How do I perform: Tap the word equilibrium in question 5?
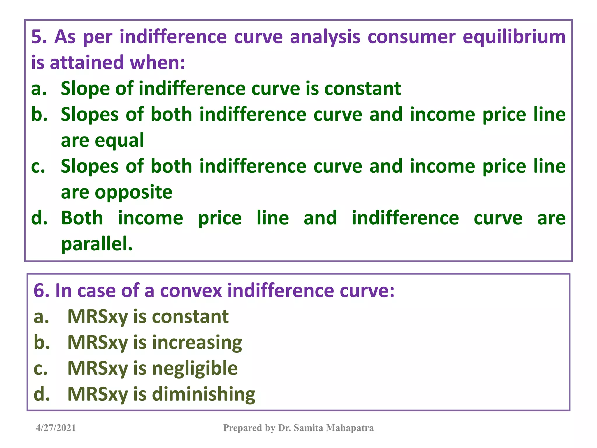click(x=514, y=37)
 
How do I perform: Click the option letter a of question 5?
click(x=38, y=89)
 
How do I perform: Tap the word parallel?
click(x=96, y=244)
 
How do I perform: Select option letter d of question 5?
click(x=39, y=218)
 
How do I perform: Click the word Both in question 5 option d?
click(x=82, y=218)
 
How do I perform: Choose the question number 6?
click(x=42, y=291)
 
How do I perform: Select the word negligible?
click(x=195, y=368)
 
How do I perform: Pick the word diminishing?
click(x=203, y=394)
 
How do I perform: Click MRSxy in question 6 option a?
click(x=98, y=317)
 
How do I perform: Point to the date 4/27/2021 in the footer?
click(x=56, y=428)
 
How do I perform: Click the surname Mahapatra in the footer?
click(x=350, y=428)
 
